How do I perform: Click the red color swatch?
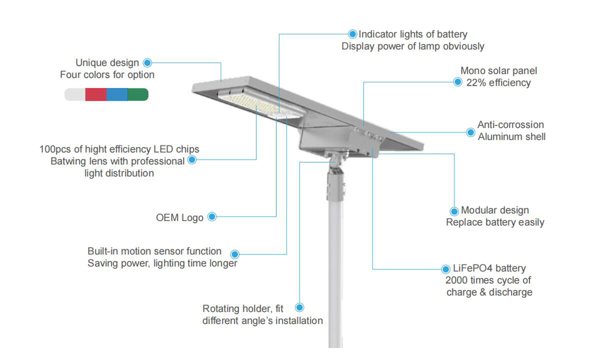pos(96,94)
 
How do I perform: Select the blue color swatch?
pos(117,94)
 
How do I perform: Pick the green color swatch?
pos(138,94)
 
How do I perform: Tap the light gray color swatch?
pos(75,94)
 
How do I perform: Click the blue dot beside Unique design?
pos(147,63)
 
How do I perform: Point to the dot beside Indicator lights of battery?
pos(352,34)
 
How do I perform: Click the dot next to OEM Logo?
pos(212,217)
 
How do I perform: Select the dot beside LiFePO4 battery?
pos(446,269)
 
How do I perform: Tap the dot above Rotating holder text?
pos(299,308)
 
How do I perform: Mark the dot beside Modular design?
pos(454,211)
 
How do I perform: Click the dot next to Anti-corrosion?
pos(470,133)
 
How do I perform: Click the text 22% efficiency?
pos(499,83)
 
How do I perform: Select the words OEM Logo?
pos(179,218)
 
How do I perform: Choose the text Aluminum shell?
pos(511,136)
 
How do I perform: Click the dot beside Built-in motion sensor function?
pos(235,254)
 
